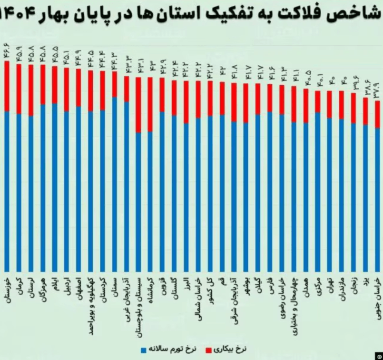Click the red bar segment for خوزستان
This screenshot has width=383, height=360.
coord(7,86)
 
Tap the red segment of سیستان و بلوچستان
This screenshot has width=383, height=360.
coord(138,105)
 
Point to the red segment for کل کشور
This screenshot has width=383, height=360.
coord(210,98)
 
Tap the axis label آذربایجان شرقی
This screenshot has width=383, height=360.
coord(234,297)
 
